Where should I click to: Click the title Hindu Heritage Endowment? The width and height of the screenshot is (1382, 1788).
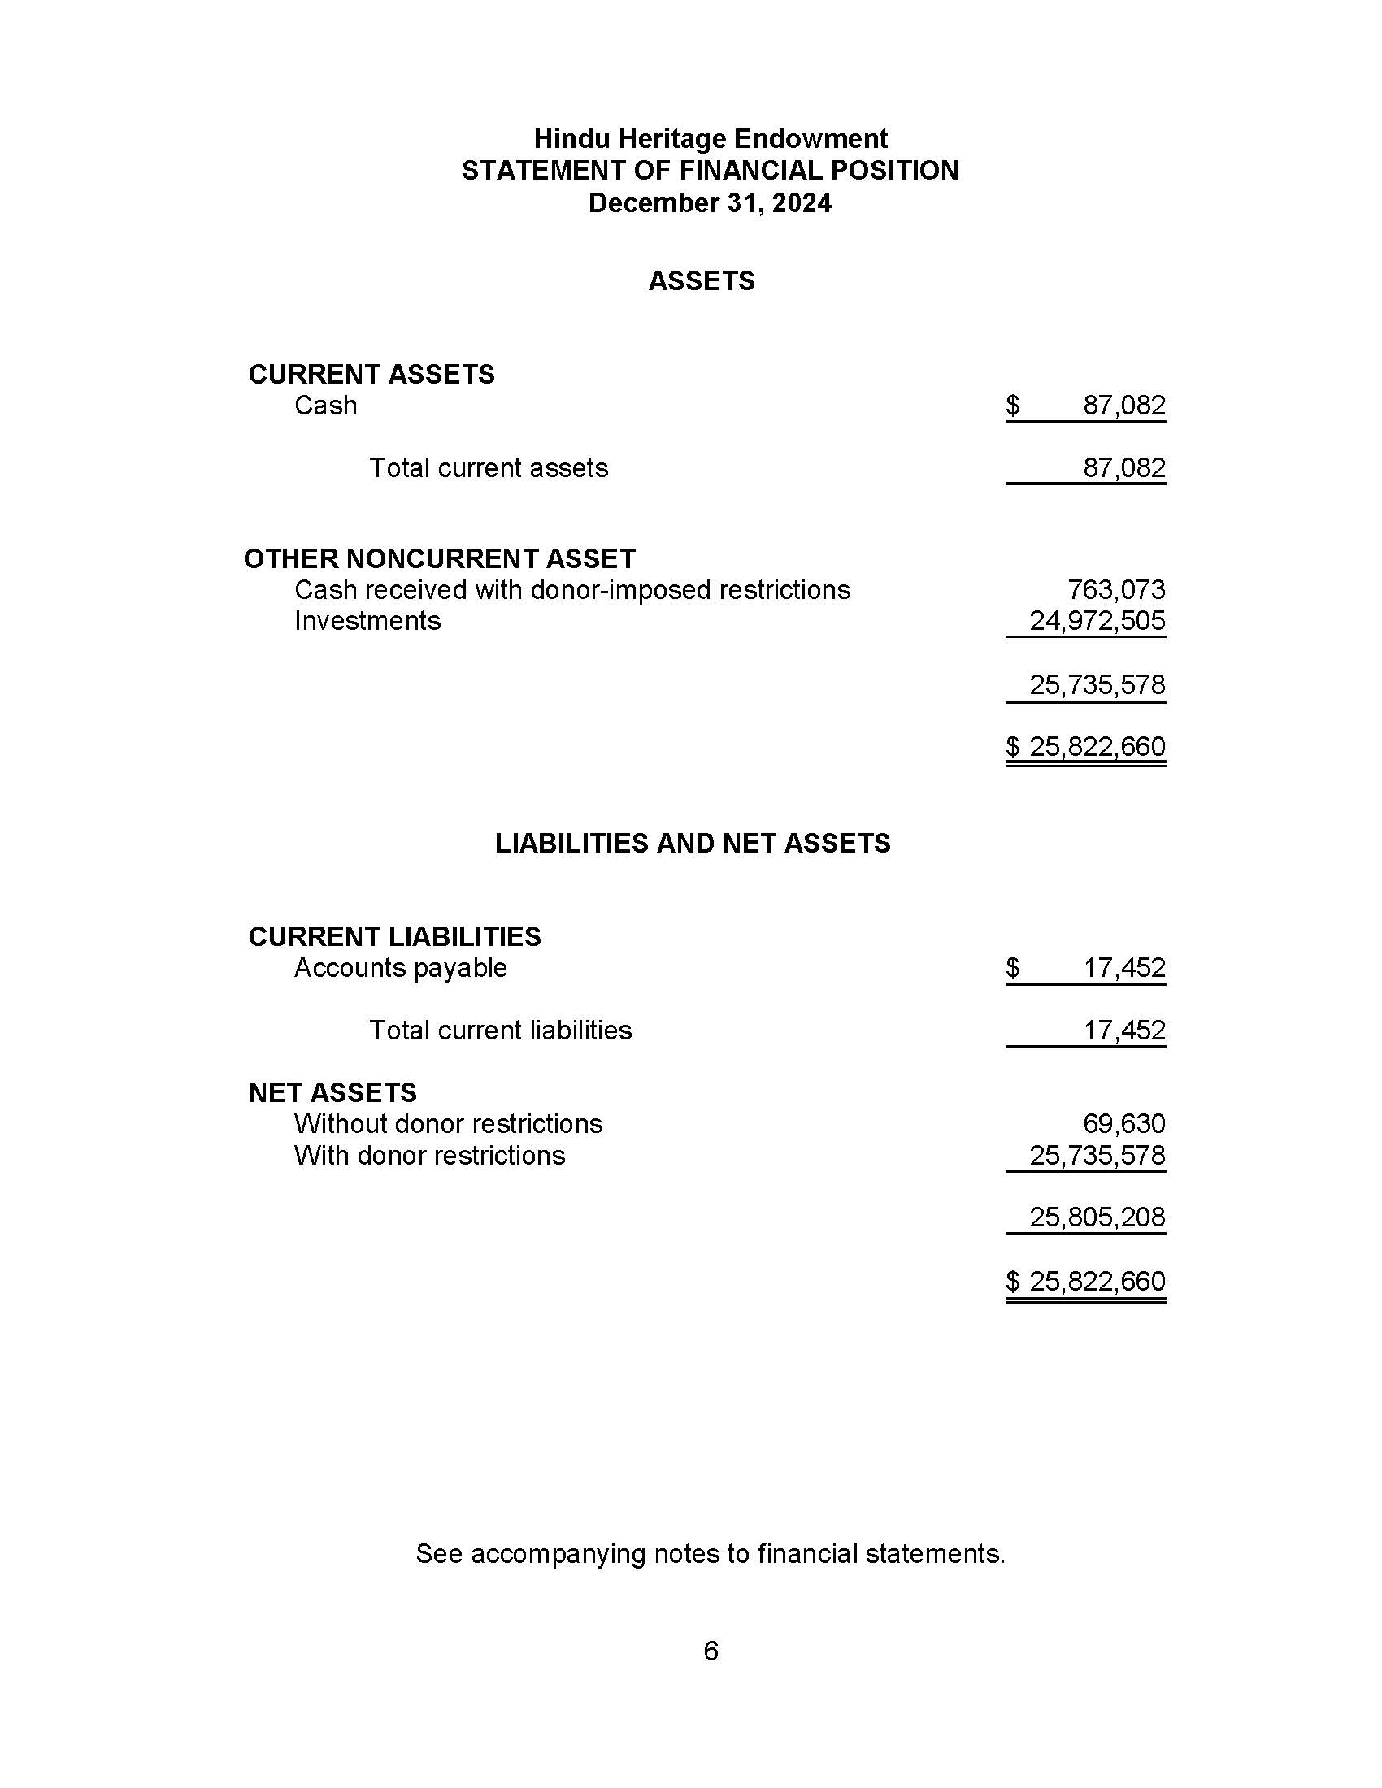[x=710, y=138]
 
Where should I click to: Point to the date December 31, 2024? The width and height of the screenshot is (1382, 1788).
[x=710, y=203]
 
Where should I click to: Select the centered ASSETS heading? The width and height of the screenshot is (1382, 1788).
[x=701, y=281]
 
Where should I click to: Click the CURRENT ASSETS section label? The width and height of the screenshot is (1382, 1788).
[x=371, y=374]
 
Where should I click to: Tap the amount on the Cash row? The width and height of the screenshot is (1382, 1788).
[x=1123, y=406]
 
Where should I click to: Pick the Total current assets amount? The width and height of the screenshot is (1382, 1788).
[x=1123, y=468]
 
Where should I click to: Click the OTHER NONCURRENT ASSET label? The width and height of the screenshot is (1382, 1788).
[x=440, y=558]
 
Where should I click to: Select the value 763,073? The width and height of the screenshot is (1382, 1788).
[x=1116, y=589]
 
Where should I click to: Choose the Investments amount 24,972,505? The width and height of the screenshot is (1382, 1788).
[x=1097, y=621]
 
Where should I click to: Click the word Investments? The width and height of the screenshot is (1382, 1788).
[x=367, y=621]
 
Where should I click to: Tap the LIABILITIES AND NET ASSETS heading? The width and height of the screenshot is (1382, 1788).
[x=693, y=844]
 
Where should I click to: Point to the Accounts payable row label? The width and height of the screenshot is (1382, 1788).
[x=400, y=968]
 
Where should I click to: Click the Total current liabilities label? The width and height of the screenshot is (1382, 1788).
[x=500, y=1030]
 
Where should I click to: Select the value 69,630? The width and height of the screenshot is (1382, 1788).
[x=1123, y=1123]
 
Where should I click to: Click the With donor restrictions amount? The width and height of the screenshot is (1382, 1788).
[x=1097, y=1155]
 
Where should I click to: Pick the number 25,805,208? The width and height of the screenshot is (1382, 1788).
[x=1097, y=1217]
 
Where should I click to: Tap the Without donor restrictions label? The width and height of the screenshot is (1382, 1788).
[x=448, y=1123]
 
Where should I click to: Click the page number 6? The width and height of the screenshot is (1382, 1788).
[x=711, y=1651]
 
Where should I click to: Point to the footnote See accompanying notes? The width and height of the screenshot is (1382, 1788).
[x=710, y=1554]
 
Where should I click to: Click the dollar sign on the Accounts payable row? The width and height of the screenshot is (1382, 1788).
[x=1013, y=968]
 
